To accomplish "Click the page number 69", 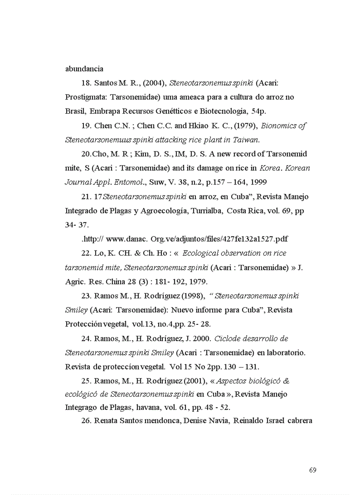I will [x=312, y=470].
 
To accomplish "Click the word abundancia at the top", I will [x=84, y=69].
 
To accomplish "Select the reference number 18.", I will [x=86, y=83].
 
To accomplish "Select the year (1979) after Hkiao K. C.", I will [x=245, y=126].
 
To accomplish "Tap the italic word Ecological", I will [x=203, y=253].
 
